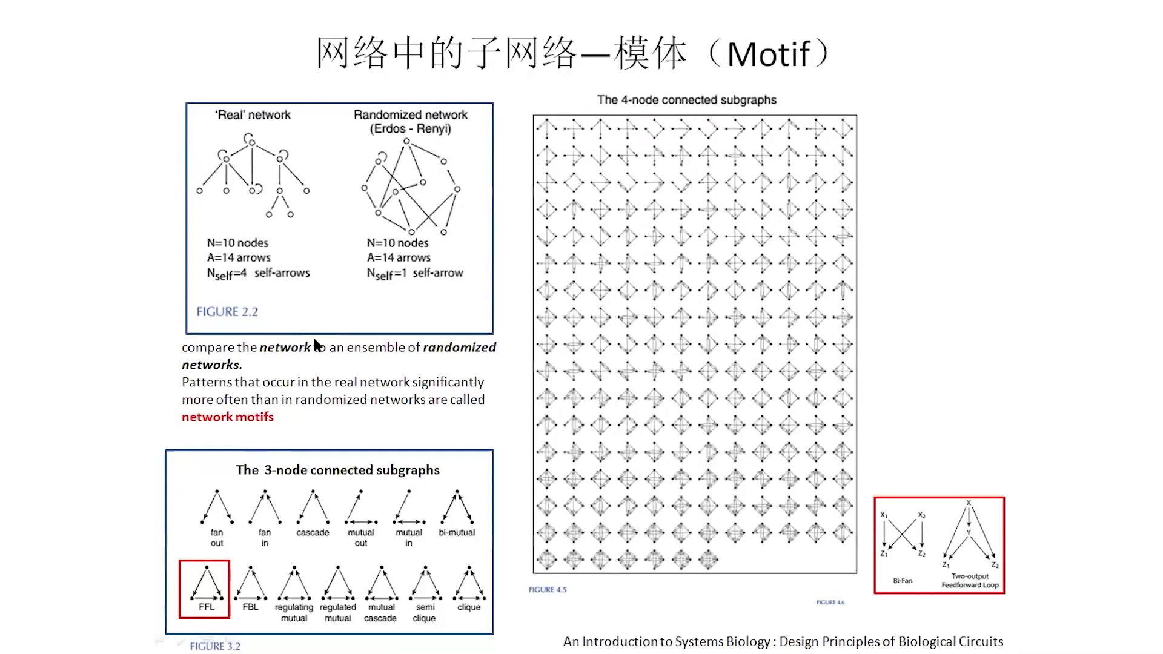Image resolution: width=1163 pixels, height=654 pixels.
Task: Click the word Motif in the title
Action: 768,54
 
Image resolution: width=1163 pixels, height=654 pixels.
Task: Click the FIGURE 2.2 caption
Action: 227,312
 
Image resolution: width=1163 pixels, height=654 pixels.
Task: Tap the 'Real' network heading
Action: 253,115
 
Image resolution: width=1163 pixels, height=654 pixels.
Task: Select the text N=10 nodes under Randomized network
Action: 397,243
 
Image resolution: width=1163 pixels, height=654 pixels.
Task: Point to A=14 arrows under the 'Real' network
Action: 239,258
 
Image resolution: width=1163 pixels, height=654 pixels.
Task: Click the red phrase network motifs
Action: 228,417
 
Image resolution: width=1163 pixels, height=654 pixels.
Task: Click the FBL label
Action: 250,607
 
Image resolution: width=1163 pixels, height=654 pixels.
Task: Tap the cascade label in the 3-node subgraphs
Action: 313,533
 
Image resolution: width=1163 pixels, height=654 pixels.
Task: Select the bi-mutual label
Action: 457,533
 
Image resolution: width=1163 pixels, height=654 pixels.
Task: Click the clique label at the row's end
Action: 469,607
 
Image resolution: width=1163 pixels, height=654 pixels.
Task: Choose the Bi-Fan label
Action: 903,581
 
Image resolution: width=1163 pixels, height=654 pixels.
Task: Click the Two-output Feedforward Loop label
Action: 970,581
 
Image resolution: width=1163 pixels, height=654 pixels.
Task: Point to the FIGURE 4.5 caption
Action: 548,590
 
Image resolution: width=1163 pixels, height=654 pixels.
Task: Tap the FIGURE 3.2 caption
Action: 215,647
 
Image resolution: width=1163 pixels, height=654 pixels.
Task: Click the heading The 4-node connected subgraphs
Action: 686,100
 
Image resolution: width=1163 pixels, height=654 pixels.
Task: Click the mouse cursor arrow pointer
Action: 317,345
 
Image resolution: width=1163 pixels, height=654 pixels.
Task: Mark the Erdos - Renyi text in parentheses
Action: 411,129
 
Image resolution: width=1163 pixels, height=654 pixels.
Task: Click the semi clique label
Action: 425,612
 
